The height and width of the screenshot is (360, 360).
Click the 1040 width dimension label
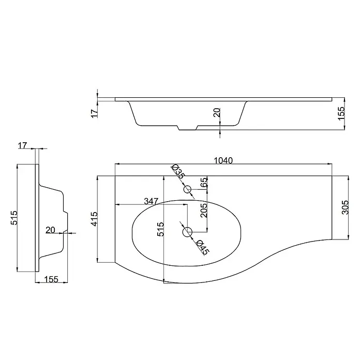coord(223,160)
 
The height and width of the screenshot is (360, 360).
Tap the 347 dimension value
coord(151,201)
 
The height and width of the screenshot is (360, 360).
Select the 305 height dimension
coord(345,207)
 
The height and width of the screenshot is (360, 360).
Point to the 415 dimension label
coord(94,219)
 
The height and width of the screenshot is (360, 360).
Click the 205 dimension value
coord(204,211)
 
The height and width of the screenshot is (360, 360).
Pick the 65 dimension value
coord(204,182)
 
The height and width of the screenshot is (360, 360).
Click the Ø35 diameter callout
coord(178,172)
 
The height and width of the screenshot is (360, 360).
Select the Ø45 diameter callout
coord(203,247)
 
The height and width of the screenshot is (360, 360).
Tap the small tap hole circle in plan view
coord(187,189)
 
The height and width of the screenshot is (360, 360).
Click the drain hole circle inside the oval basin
coord(187,232)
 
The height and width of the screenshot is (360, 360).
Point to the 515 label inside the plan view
coord(160,229)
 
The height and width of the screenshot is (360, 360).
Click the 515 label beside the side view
coord(14,218)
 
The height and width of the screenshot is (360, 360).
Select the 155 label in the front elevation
coord(341,113)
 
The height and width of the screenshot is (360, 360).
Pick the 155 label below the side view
coord(51,279)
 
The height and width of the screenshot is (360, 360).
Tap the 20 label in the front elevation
coord(217,113)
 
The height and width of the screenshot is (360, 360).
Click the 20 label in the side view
coord(50,230)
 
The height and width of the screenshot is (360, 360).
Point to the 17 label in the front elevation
coord(95,113)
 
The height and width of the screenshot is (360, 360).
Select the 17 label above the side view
coord(23,145)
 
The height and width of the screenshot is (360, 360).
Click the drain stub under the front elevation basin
coord(188,128)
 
